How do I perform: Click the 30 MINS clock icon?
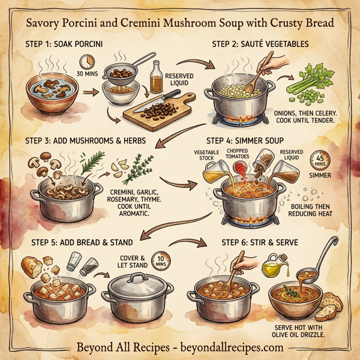[88, 62]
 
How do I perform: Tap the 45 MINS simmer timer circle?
[318, 161]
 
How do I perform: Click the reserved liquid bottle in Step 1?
[157, 76]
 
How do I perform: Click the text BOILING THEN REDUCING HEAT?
[317, 211]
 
